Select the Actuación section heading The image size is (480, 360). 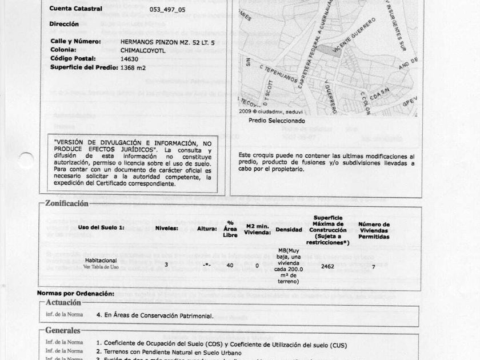tap(63, 302)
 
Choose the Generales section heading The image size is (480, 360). tap(63, 330)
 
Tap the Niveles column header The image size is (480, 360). tap(167, 228)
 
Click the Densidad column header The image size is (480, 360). tap(289, 229)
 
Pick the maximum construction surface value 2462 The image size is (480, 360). tap(327, 266)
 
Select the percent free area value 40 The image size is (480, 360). tap(230, 266)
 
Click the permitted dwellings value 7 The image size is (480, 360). tap(373, 266)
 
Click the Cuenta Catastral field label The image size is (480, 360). tap(76, 9)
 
